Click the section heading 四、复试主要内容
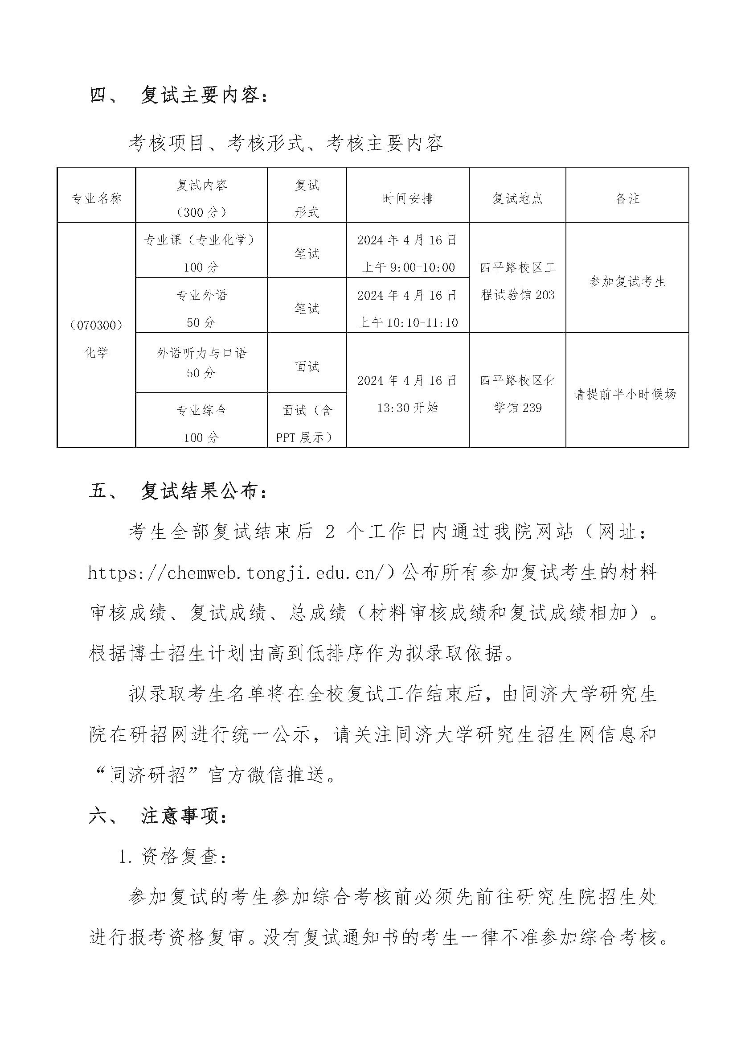179,95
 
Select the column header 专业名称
96,198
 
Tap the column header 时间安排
407,198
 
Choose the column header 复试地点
517,198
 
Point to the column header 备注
627,198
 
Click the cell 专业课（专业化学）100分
201,252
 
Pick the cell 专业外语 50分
201,309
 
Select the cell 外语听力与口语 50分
201,363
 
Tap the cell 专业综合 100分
201,423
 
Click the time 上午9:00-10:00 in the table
408,267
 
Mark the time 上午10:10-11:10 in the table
408,322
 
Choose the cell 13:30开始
407,408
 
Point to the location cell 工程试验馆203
517,281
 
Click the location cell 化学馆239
517,393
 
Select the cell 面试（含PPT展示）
307,423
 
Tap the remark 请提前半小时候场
625,394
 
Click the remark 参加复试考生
627,282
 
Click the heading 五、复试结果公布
179,491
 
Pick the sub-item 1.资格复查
172,857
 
